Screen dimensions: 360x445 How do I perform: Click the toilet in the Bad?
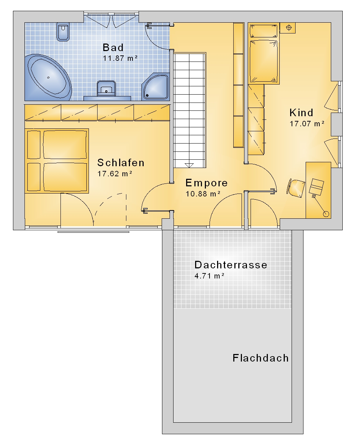pos(63,32)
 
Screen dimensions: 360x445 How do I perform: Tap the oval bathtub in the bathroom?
pos(49,77)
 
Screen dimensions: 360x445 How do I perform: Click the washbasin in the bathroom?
pos(106,88)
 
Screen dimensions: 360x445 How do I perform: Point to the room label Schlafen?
pos(121,163)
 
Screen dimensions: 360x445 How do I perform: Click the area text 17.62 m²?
pos(115,174)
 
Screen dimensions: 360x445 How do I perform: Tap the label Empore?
pos(207,183)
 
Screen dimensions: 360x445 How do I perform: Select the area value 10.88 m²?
pos(203,194)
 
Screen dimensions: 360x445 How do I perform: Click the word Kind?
pos(301,113)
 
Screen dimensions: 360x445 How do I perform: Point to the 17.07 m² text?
pos(307,124)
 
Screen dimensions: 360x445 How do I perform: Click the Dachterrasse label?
pos(231,265)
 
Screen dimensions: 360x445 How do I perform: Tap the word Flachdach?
pos(261,358)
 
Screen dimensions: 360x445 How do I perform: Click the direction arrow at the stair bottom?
pos(189,165)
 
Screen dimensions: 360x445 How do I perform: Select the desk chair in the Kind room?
pos(296,188)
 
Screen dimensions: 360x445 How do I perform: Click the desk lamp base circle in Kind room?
pos(326,214)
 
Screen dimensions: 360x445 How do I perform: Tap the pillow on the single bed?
pos(264,31)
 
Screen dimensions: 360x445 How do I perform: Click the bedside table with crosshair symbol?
pos(288,28)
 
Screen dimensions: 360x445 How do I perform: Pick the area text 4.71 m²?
pos(210,276)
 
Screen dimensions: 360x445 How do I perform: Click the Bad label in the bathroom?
pos(113,47)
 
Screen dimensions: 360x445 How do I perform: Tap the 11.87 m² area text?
pos(120,58)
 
